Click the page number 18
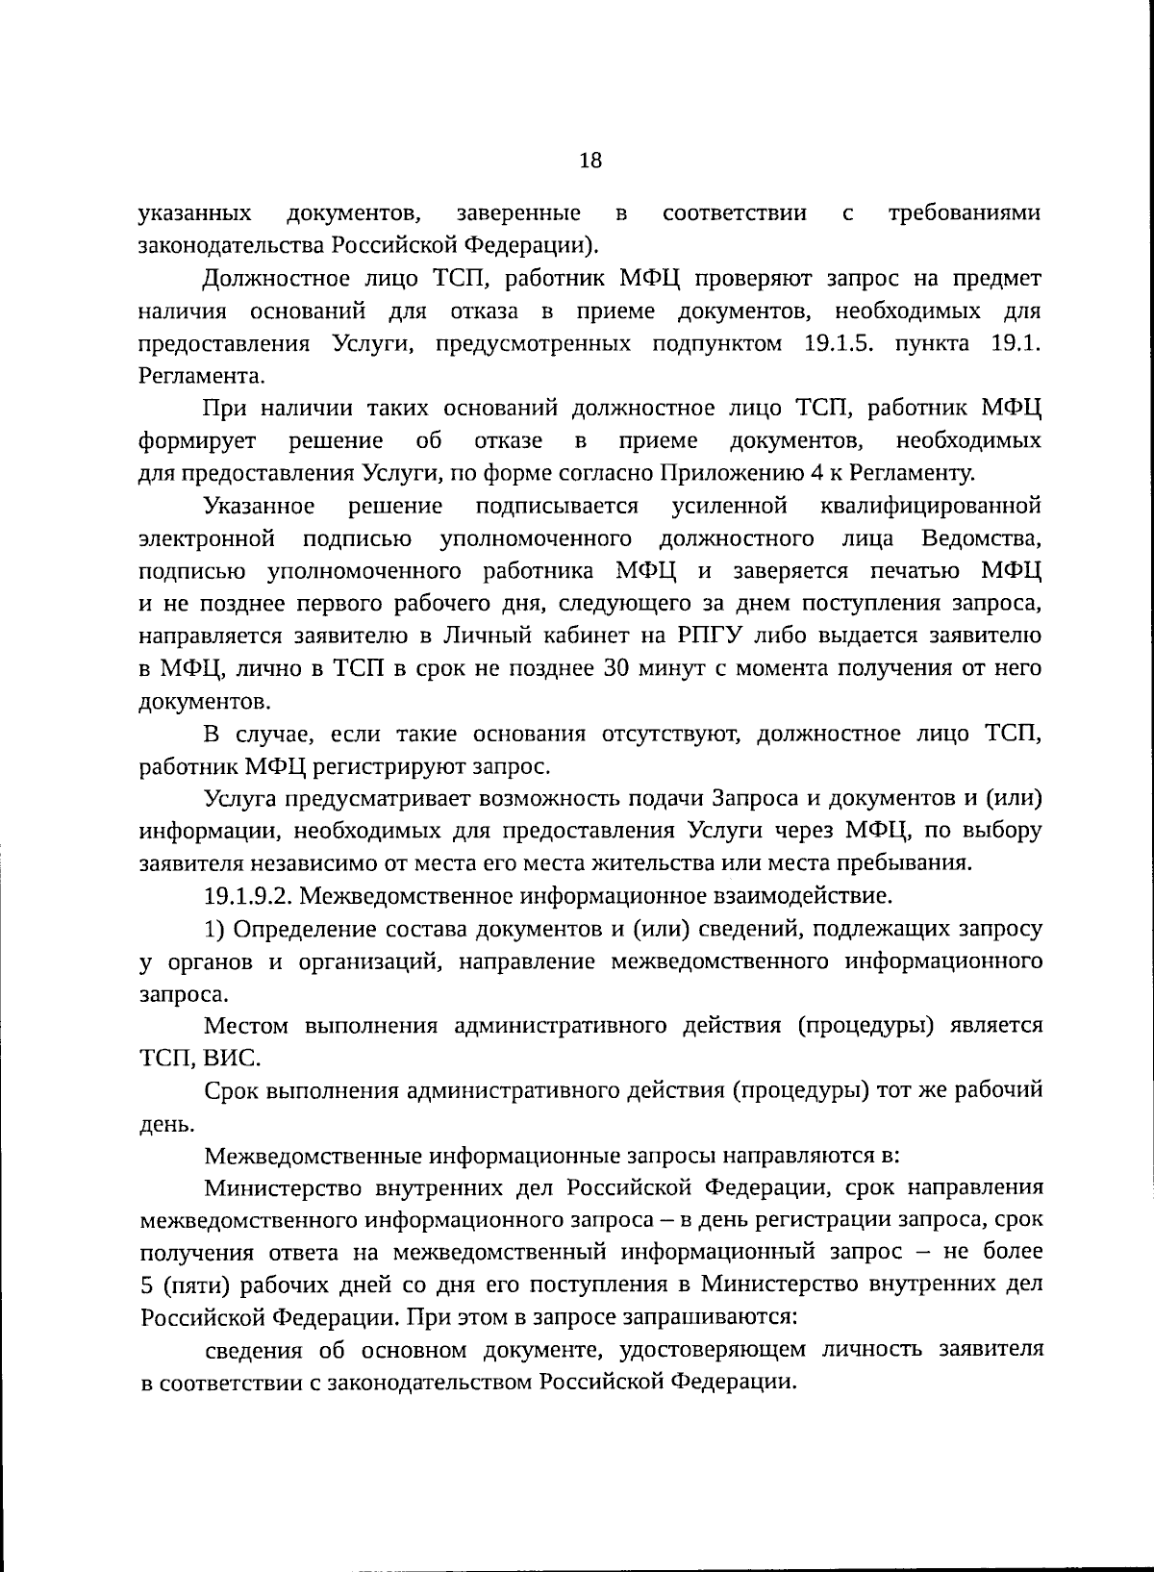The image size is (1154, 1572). pos(590,161)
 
